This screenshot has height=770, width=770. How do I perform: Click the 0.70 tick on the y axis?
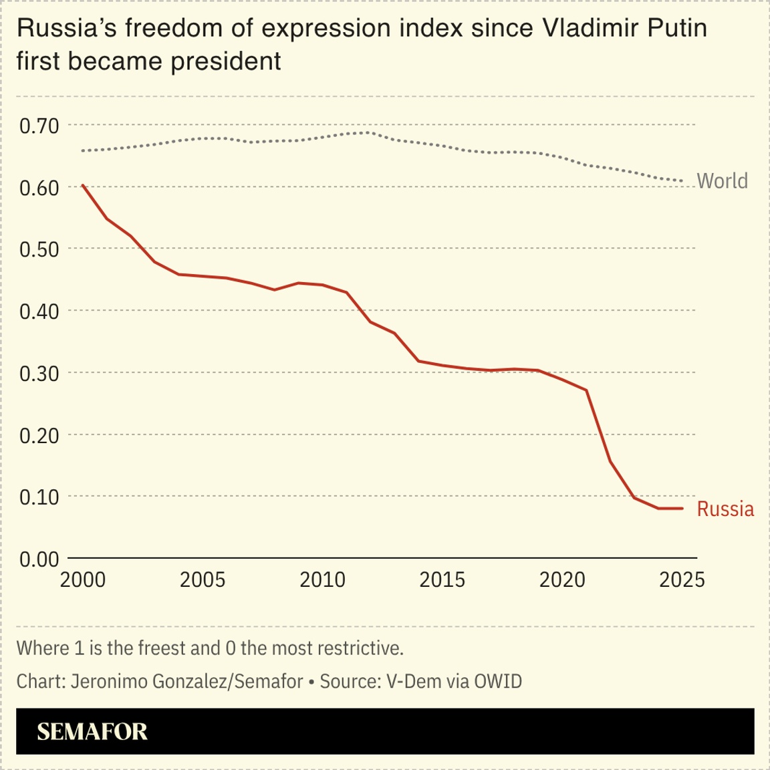coord(39,126)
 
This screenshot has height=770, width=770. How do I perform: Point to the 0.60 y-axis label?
coord(39,188)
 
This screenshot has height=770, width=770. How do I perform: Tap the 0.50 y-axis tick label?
coord(39,249)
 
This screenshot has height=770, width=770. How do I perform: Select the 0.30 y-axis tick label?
coord(39,374)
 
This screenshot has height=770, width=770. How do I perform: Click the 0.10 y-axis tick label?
coord(39,497)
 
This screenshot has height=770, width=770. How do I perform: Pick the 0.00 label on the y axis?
coord(39,559)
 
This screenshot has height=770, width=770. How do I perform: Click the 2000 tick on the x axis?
coord(83,580)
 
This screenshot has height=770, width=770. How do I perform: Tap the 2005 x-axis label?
coord(203,580)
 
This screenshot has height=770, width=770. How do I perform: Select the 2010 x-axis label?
coord(322,580)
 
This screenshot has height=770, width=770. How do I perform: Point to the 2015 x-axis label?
coord(442,580)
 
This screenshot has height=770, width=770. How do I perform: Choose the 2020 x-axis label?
coord(562,580)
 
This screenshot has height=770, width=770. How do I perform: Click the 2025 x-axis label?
coord(682,580)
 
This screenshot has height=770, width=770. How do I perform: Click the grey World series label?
coord(722,181)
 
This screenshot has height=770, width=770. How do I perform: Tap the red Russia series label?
coord(725,509)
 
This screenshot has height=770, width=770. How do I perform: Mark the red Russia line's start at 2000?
coord(83,185)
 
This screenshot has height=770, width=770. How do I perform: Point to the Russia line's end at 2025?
coord(682,508)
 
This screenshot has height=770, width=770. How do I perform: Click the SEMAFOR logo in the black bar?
coord(92,731)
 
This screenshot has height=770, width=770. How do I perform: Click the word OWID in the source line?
coord(498,681)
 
